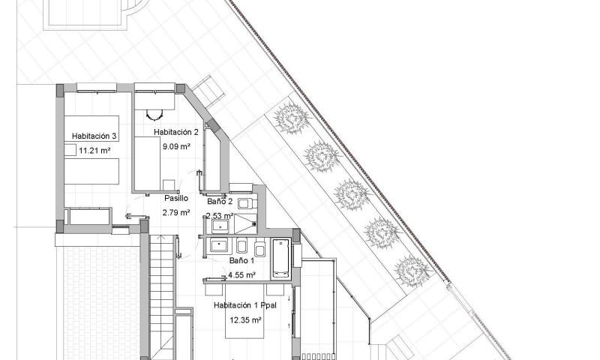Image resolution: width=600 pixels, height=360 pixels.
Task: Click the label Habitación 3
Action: pos(94,136)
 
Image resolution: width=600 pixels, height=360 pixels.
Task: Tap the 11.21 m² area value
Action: pos(94,150)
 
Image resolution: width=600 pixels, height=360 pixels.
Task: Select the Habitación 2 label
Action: pos(175,132)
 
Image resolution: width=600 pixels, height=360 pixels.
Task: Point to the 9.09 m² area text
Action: pos(175,146)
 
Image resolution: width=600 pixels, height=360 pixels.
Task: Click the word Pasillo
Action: pos(176,199)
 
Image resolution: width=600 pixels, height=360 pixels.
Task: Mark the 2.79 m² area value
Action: pos(176,213)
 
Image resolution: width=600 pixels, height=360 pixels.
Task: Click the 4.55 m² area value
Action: pos(241,275)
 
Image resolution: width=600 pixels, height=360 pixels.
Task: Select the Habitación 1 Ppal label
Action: pos(246,306)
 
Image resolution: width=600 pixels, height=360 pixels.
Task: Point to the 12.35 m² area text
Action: pos(246,320)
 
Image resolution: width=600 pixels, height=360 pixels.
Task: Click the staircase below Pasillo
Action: pos(162,292)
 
